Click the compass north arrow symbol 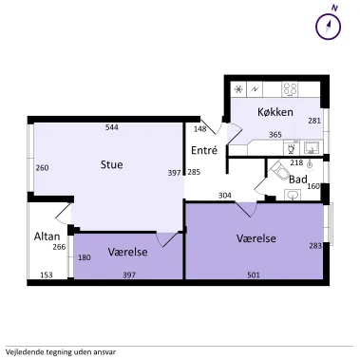329,26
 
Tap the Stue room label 112,164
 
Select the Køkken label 275,112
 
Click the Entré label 204,150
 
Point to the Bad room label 298,180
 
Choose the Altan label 47,237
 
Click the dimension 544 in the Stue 112,127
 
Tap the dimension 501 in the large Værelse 254,275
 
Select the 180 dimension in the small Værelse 85,257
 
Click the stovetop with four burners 290,89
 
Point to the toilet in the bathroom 279,170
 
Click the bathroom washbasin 293,195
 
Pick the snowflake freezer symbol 238,89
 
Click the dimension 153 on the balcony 47,275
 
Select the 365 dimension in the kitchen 275,135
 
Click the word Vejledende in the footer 22,352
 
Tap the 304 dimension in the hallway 225,196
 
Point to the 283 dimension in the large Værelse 315,245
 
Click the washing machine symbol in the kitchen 292,147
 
